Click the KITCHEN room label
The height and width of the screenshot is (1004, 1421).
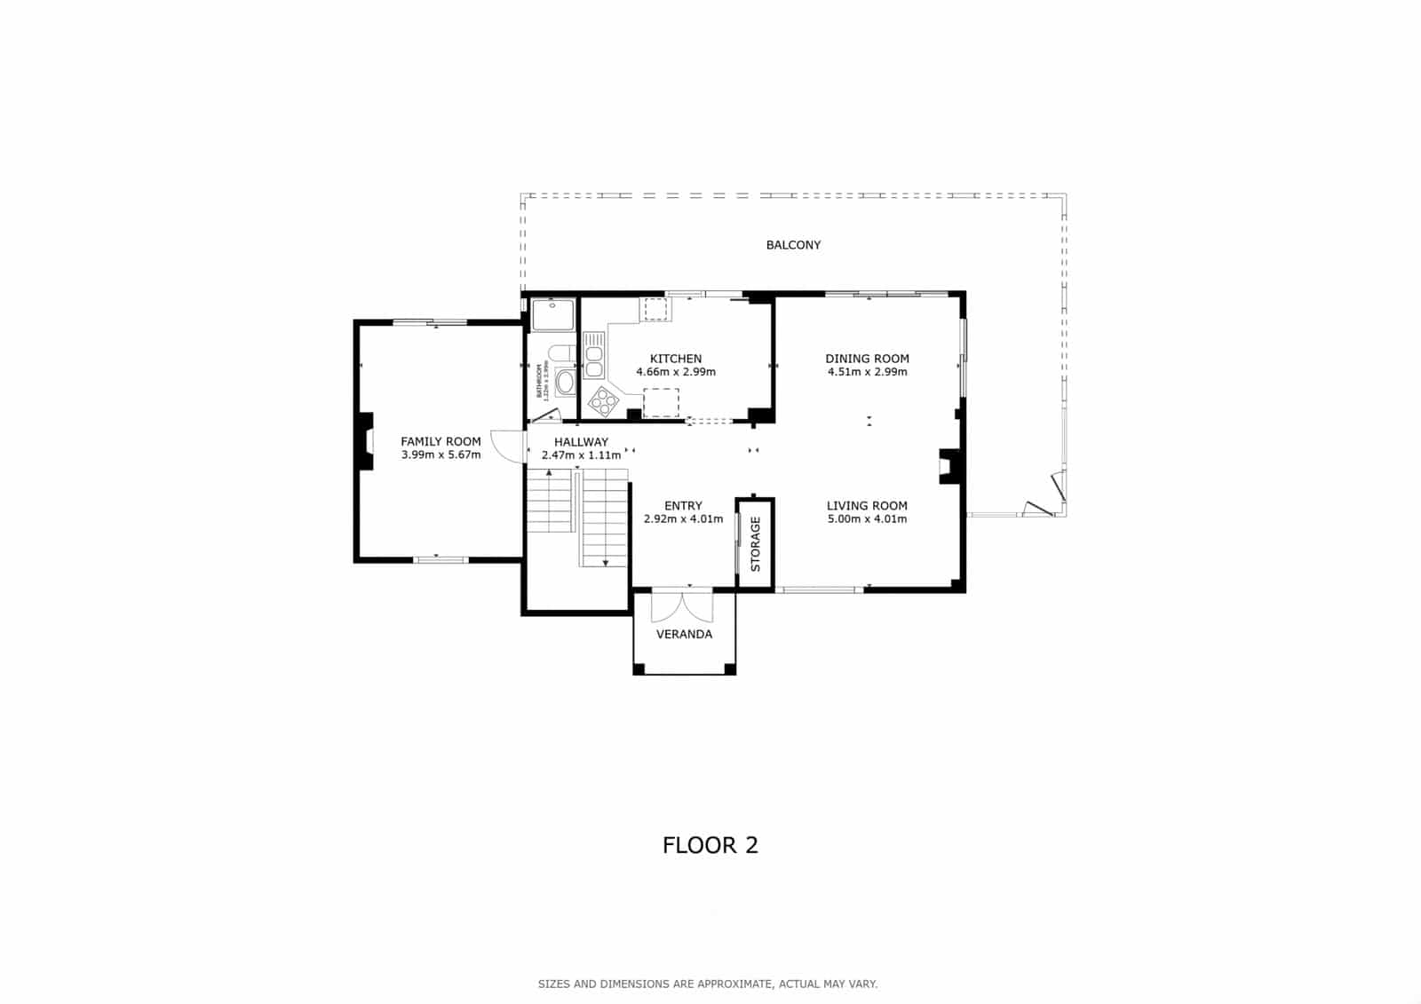click(x=676, y=359)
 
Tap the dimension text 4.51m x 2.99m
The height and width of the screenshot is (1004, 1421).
click(x=867, y=372)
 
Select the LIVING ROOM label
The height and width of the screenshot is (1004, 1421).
click(x=867, y=506)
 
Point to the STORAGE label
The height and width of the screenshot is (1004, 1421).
click(x=756, y=544)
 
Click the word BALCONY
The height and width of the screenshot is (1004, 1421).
click(x=793, y=245)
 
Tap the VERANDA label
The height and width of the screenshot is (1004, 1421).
click(x=684, y=635)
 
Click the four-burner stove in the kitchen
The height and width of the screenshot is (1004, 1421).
click(x=603, y=401)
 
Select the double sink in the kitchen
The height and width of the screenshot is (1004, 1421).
click(x=593, y=355)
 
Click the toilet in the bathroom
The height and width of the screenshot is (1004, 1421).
click(x=560, y=354)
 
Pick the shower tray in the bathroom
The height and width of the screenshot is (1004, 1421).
click(x=552, y=316)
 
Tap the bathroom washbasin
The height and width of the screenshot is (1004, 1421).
click(x=565, y=383)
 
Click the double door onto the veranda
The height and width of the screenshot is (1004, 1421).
click(x=682, y=605)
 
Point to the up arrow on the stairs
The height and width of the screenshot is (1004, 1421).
click(x=549, y=473)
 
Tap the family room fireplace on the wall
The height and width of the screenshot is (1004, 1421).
click(x=364, y=440)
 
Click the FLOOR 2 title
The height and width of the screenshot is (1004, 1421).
click(x=710, y=845)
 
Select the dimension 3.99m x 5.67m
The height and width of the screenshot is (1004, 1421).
click(x=441, y=455)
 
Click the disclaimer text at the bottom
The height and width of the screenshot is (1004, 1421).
click(x=707, y=984)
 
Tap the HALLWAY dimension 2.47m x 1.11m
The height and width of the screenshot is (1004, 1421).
click(x=581, y=455)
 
